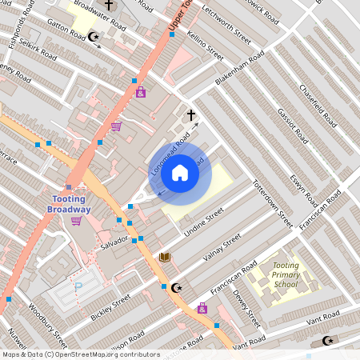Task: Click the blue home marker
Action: tap(180, 173)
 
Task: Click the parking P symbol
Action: tap(78, 287)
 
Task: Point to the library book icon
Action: tap(164, 257)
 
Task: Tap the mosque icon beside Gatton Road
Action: tap(94, 36)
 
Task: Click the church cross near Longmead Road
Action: tap(190, 115)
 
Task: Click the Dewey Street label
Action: tap(249, 303)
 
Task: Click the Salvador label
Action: tap(114, 240)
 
